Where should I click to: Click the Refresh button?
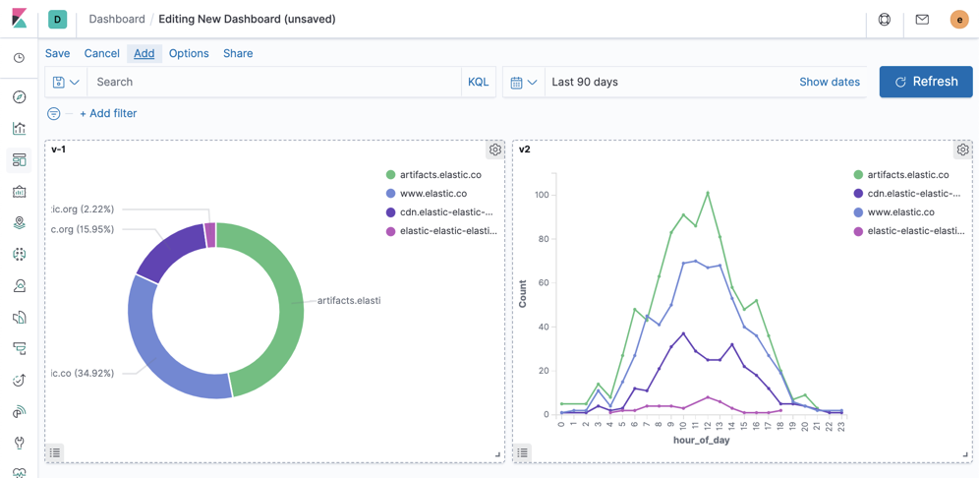coord(926,82)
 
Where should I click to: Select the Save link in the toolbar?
coord(58,53)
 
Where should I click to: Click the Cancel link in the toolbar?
coord(101,53)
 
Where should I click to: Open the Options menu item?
coord(189,53)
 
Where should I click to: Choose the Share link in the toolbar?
coord(238,53)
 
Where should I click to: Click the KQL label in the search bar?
coord(478,82)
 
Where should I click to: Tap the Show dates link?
coord(829,82)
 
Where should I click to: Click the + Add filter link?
coord(108,113)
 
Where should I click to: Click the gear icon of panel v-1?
coord(495,149)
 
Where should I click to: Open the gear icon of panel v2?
coord(962,149)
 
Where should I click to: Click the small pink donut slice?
coord(210,235)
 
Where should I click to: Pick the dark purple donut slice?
coord(170,251)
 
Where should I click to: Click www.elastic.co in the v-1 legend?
coord(432,194)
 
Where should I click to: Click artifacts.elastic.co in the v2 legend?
coord(907,175)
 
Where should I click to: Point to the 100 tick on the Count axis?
coord(542,195)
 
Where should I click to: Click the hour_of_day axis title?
coord(701,440)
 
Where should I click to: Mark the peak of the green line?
coord(708,193)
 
